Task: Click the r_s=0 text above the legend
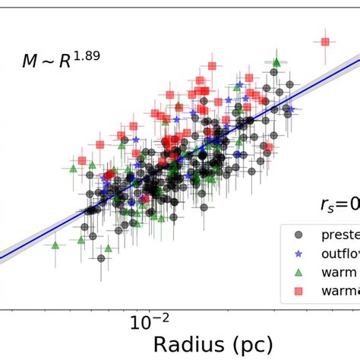337,204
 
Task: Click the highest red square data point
325,42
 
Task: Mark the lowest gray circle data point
101,257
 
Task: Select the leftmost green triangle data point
55,245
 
